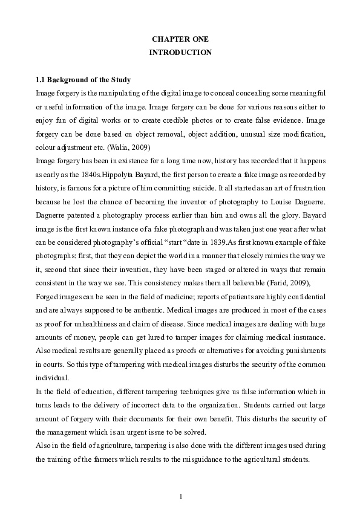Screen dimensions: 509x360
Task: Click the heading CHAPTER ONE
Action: click(180, 39)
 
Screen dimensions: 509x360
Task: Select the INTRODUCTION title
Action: click(180, 53)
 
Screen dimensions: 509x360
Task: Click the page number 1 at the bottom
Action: click(180, 496)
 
